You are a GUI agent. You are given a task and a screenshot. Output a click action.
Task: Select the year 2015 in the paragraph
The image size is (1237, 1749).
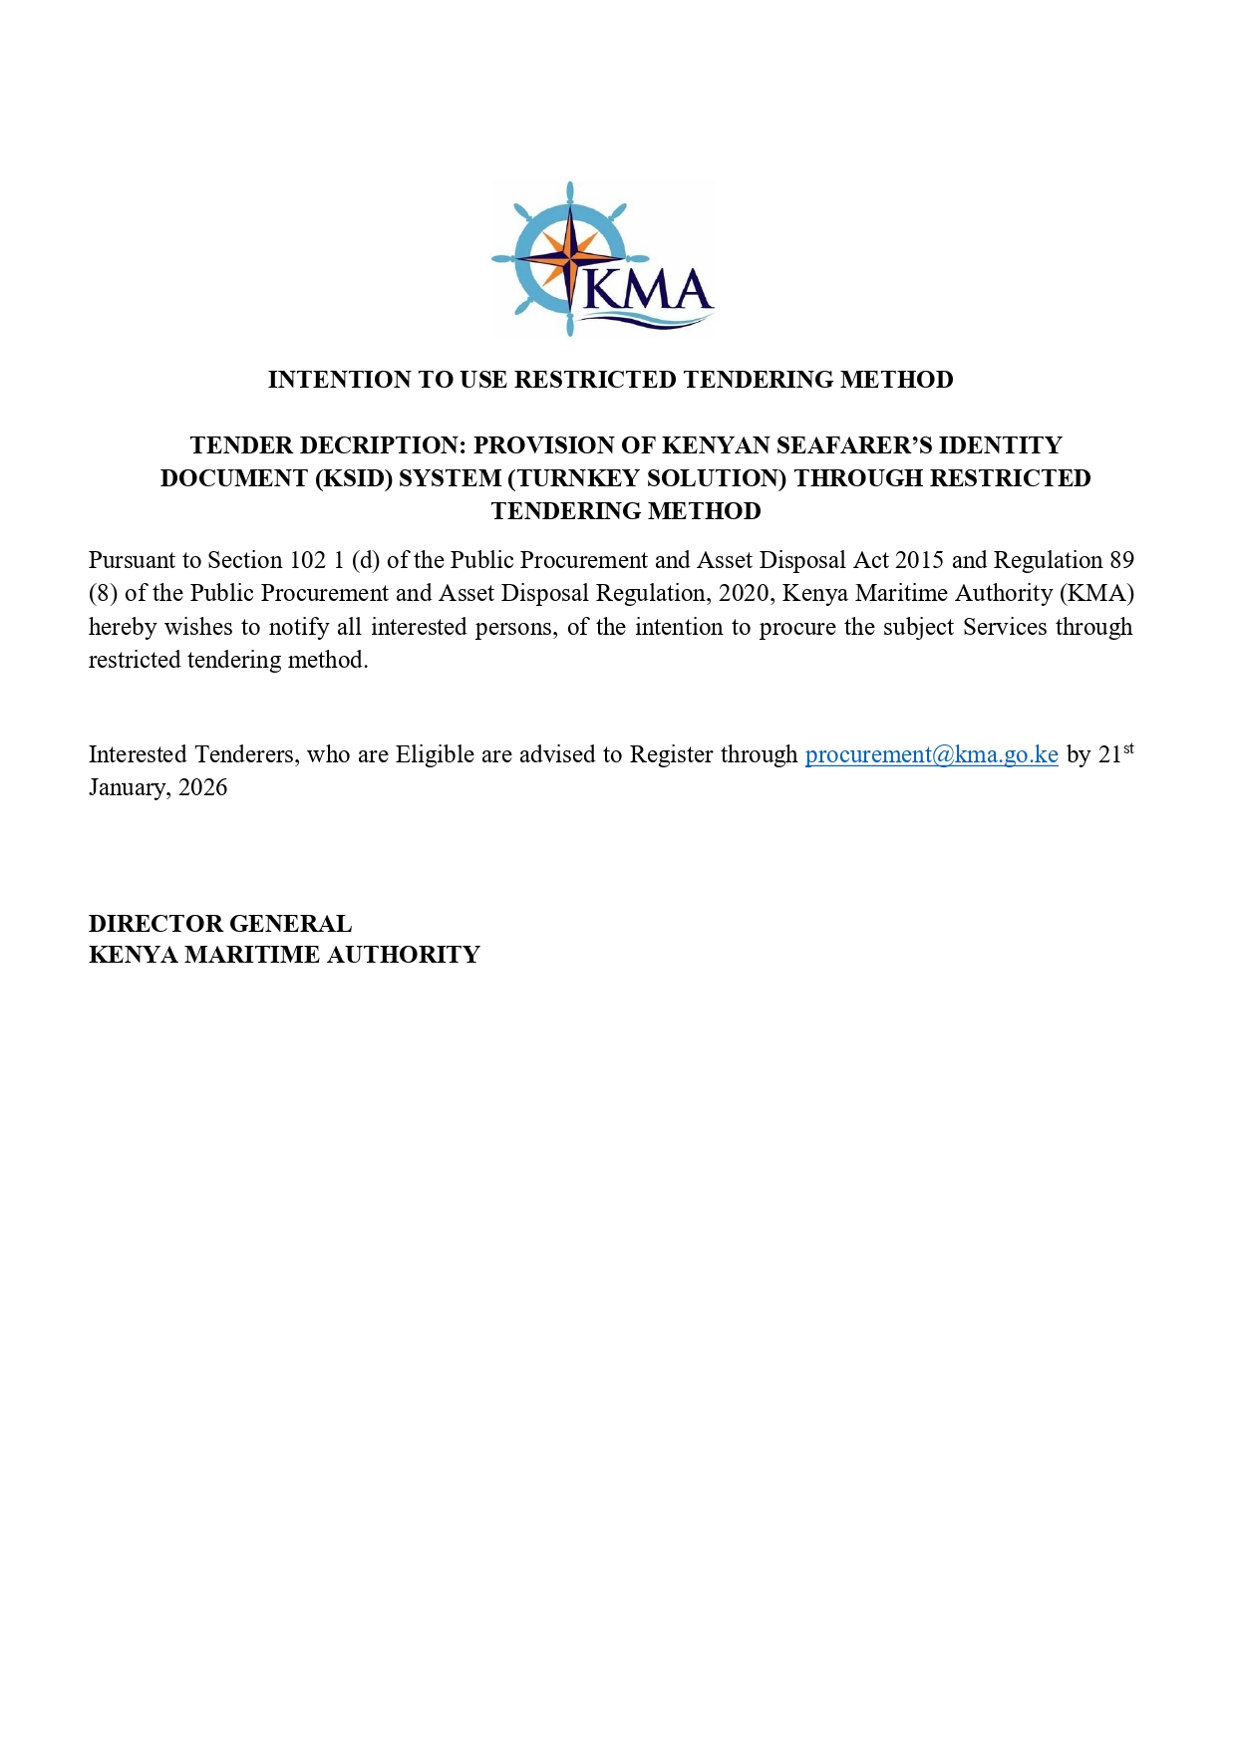coord(918,560)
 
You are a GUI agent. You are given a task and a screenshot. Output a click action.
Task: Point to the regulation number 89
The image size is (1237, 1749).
coord(1121,560)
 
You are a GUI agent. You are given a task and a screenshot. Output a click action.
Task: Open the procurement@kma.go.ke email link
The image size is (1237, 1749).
coord(931,754)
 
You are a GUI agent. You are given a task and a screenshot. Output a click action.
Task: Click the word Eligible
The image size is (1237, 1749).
coord(435,754)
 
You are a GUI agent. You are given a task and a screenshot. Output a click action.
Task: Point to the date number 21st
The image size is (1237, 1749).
coord(1115,753)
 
